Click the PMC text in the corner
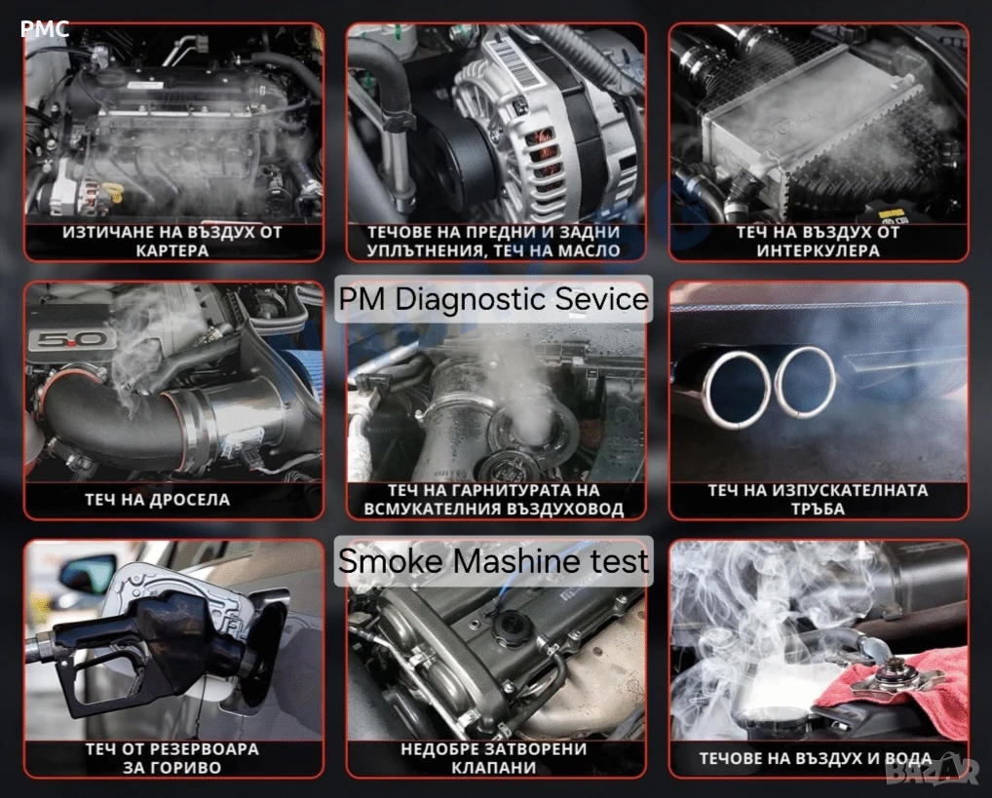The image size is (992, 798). click(x=44, y=28)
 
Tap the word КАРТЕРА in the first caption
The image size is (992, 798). click(x=172, y=250)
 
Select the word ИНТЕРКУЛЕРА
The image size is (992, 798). click(x=818, y=250)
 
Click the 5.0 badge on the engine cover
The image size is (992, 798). click(x=67, y=340)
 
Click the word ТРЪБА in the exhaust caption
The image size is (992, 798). click(x=818, y=509)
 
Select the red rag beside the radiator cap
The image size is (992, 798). click(x=892, y=687)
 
